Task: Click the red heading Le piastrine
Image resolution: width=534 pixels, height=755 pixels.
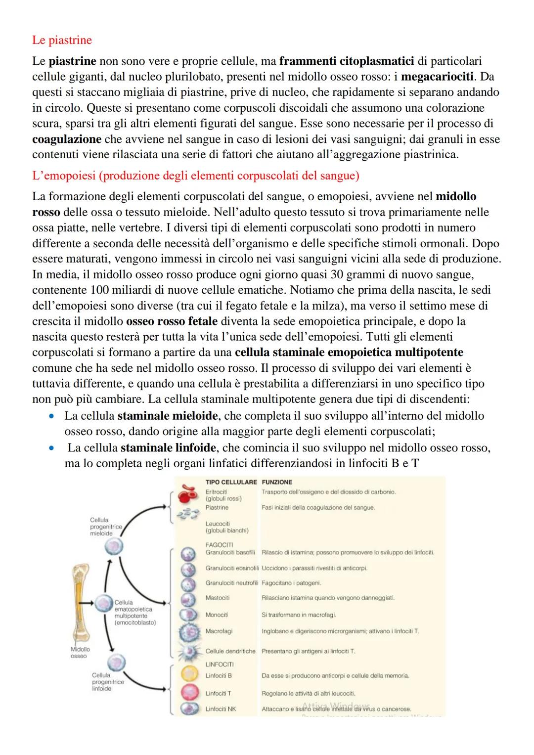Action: pyautogui.click(x=62, y=40)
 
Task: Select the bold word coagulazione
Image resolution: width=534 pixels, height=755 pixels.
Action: pyautogui.click(x=67, y=139)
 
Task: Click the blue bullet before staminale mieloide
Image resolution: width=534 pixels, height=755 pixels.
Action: pyautogui.click(x=51, y=416)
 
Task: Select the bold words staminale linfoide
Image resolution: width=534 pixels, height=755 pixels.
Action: pyautogui.click(x=168, y=448)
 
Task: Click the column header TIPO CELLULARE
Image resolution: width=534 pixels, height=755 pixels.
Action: pyautogui.click(x=231, y=482)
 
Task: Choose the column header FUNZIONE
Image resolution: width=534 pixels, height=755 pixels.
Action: pyautogui.click(x=277, y=482)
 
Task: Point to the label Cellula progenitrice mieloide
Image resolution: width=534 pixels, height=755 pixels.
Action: pyautogui.click(x=105, y=527)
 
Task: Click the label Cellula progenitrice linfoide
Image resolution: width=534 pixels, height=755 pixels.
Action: pyautogui.click(x=108, y=682)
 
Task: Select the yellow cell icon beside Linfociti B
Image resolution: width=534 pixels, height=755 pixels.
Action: pyautogui.click(x=189, y=675)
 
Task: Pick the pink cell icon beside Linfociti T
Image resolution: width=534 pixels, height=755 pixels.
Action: pyautogui.click(x=189, y=693)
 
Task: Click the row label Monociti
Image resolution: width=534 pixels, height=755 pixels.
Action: pyautogui.click(x=217, y=615)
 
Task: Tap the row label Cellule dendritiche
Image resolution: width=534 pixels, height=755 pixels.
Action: pyautogui.click(x=230, y=651)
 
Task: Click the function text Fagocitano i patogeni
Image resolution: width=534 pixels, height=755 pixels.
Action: pyautogui.click(x=291, y=583)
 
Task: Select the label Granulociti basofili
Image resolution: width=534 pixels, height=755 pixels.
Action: pyautogui.click(x=230, y=552)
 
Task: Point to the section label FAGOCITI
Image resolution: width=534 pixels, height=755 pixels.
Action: pyautogui.click(x=219, y=544)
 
